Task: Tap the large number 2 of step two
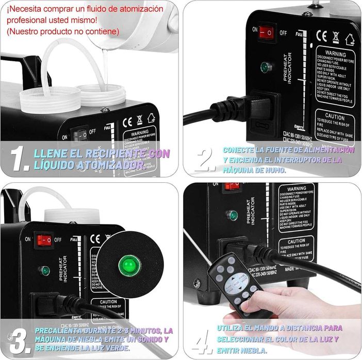pyautogui.click(x=205, y=160)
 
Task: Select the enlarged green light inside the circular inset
pyautogui.click(x=126, y=265)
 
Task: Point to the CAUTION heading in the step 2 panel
pyautogui.click(x=331, y=117)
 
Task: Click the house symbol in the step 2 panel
pyautogui.click(x=352, y=38)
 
